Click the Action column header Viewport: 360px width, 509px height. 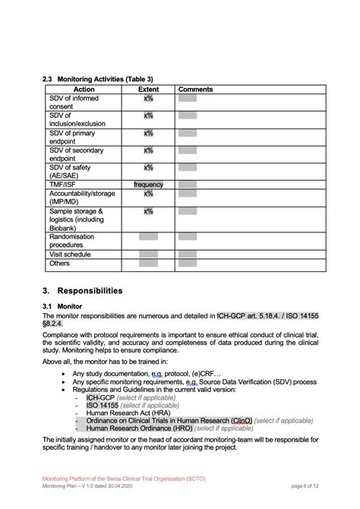[x=84, y=90]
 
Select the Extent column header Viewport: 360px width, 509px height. [x=148, y=90]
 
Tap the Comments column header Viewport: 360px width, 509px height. [x=195, y=90]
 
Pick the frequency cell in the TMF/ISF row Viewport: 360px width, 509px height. [x=148, y=185]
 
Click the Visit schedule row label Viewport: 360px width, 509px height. [x=70, y=254]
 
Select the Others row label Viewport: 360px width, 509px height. [x=59, y=264]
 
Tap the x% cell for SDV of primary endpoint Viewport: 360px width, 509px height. [x=148, y=133]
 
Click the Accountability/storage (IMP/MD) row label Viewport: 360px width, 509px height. [x=82, y=198]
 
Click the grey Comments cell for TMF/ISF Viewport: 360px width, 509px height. [x=188, y=185]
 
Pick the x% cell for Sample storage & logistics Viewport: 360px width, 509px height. [x=148, y=212]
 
